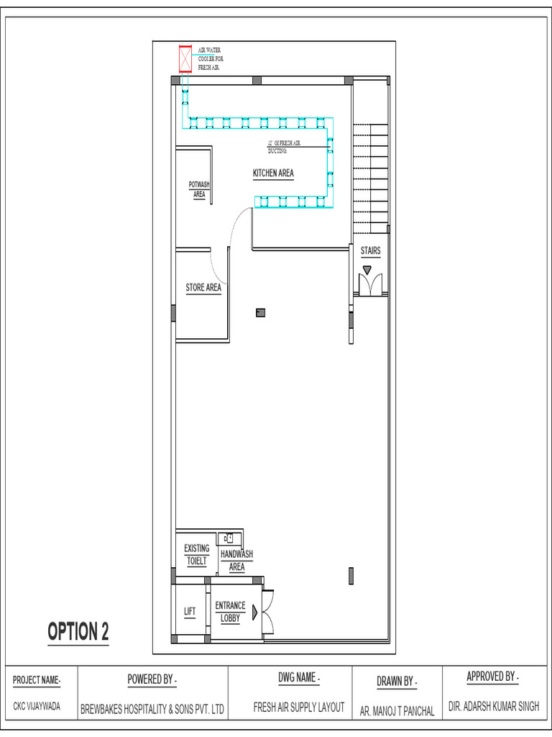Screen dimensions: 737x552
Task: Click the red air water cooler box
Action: (x=185, y=59)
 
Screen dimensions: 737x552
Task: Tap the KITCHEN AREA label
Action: (x=273, y=173)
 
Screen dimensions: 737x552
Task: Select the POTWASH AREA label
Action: (x=199, y=189)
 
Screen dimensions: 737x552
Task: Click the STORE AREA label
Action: (x=203, y=288)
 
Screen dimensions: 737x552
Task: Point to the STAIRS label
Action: (x=371, y=251)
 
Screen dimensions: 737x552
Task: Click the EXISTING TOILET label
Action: (x=197, y=555)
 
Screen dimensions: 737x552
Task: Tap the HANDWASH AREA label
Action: (x=236, y=561)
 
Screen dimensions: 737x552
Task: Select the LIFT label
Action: (x=190, y=612)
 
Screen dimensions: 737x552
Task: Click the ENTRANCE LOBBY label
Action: (x=230, y=612)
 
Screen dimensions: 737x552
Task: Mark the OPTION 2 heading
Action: (x=78, y=632)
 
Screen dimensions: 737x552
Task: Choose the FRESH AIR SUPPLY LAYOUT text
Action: (x=299, y=707)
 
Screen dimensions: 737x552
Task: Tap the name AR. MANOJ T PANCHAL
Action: (x=397, y=711)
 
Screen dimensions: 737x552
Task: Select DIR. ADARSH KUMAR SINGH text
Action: (x=493, y=707)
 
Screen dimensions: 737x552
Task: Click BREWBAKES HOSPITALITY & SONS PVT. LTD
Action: (x=152, y=709)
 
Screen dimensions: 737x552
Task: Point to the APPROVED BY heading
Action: (x=492, y=677)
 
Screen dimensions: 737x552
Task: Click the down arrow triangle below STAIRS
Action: (x=367, y=270)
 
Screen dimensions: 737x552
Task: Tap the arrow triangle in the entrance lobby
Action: (x=255, y=612)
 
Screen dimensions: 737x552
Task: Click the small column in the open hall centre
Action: (x=260, y=312)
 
